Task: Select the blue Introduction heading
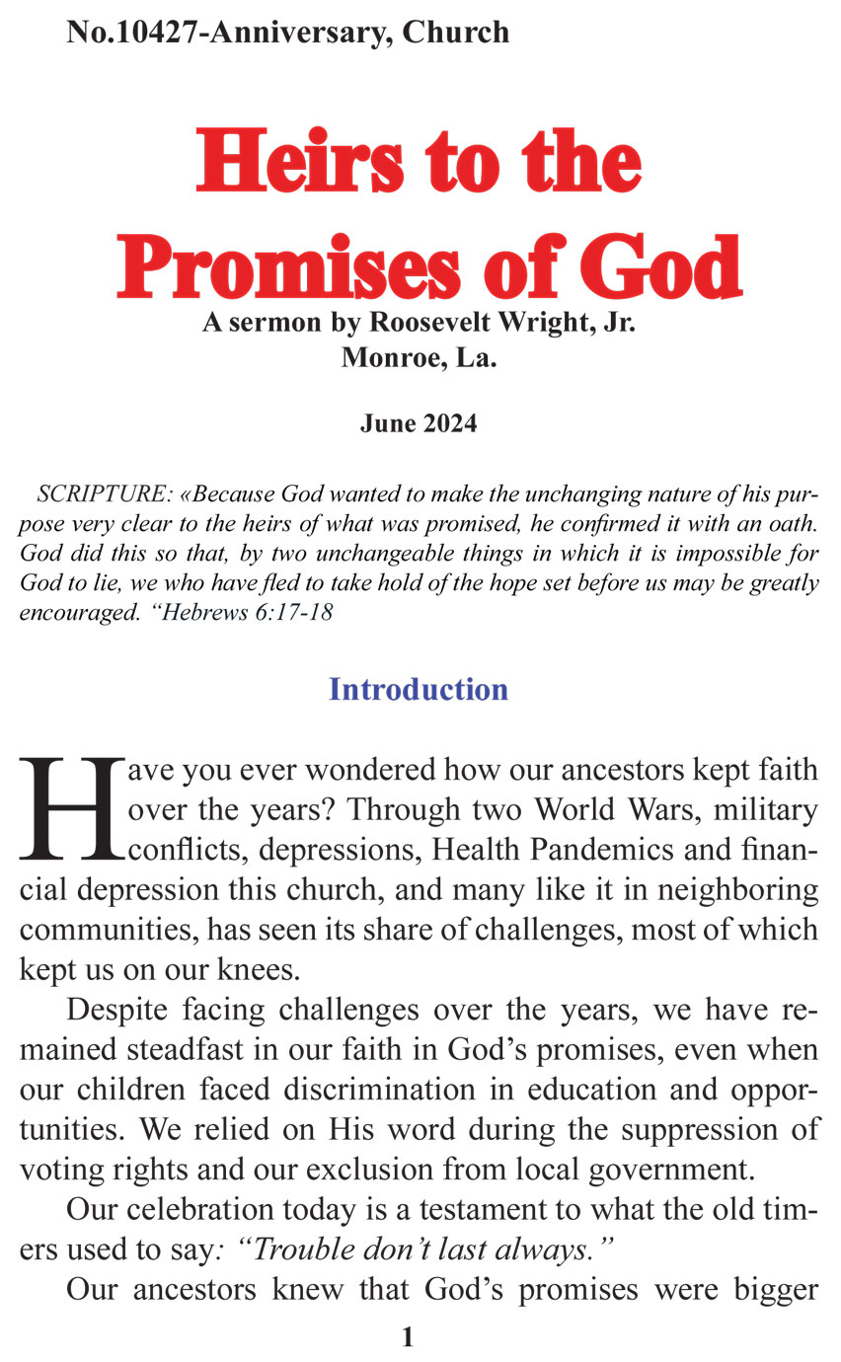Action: pyautogui.click(x=419, y=689)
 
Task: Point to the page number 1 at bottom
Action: pyautogui.click(x=408, y=1337)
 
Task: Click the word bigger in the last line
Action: pyautogui.click(x=768, y=1290)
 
